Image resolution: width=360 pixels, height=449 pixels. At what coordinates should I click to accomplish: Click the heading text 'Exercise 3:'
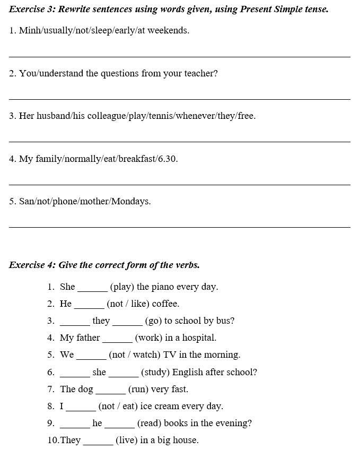click(x=32, y=9)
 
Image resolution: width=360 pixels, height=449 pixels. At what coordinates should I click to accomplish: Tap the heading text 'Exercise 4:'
click(x=32, y=265)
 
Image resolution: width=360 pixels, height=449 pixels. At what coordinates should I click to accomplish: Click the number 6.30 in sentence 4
click(x=168, y=159)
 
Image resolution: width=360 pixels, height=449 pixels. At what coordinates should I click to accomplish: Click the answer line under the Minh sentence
click(x=179, y=56)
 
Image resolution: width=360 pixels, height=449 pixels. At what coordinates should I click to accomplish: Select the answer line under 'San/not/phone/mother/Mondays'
click(x=179, y=227)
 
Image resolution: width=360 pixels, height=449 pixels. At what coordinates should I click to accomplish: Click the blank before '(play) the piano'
click(x=92, y=290)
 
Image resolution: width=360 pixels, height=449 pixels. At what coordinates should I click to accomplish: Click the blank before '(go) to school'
click(x=127, y=324)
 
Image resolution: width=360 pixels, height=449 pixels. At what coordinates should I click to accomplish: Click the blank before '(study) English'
click(x=124, y=376)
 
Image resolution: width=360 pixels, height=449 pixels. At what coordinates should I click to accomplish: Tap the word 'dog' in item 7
click(x=85, y=389)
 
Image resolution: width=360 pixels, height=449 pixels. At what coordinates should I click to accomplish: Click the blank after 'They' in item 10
click(x=98, y=444)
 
